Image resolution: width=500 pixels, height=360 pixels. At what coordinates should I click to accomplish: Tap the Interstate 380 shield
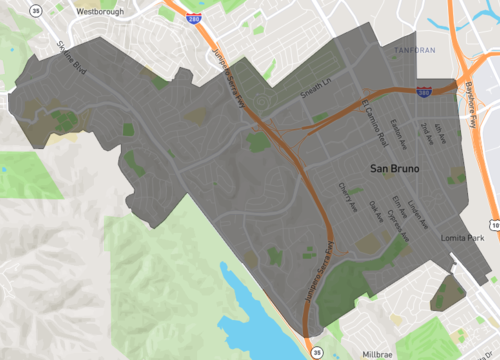click(x=424, y=90)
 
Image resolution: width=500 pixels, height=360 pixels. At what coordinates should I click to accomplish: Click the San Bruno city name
click(x=395, y=170)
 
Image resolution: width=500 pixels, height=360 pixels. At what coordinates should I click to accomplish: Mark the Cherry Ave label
click(x=342, y=196)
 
